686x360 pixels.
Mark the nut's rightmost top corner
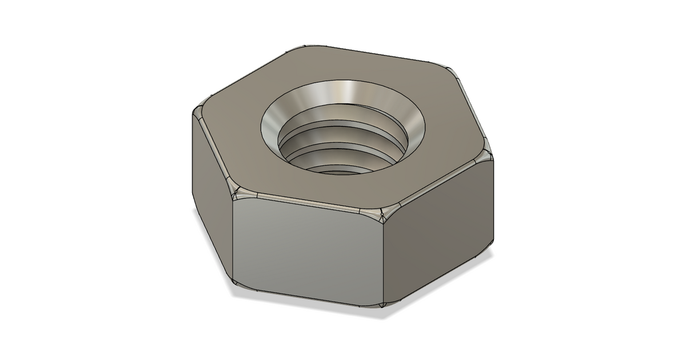[x=486, y=154]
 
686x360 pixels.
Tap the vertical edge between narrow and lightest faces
[x=234, y=240]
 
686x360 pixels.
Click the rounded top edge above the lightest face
[x=309, y=204]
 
